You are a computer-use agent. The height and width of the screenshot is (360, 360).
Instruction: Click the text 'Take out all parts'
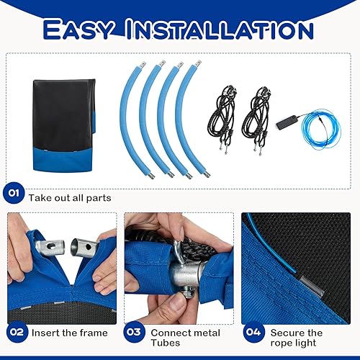point(70,197)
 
